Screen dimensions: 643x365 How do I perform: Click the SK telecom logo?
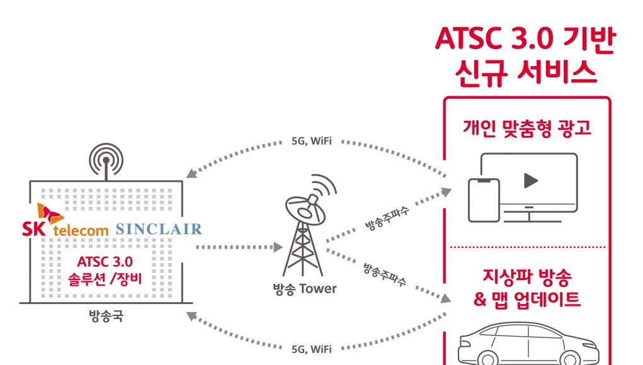[65, 220]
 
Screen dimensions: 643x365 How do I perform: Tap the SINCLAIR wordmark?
[159, 229]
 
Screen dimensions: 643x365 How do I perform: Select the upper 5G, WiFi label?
[311, 141]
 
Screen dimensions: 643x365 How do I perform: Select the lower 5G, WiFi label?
[311, 349]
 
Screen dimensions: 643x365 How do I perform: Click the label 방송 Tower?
[304, 289]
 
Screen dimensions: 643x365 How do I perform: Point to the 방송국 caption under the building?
[106, 316]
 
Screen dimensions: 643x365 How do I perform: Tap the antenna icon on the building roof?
[106, 161]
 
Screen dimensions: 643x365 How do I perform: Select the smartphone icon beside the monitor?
[484, 200]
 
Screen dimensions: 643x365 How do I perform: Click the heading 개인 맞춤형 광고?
[527, 128]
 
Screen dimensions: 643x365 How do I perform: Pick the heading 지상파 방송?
[527, 278]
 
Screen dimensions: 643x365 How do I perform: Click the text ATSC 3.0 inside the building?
[105, 261]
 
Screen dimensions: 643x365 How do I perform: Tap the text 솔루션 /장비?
[105, 279]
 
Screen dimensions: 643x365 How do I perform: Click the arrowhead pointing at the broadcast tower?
[278, 247]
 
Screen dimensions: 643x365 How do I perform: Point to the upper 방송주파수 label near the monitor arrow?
[387, 219]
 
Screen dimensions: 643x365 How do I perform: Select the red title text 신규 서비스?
[526, 73]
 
